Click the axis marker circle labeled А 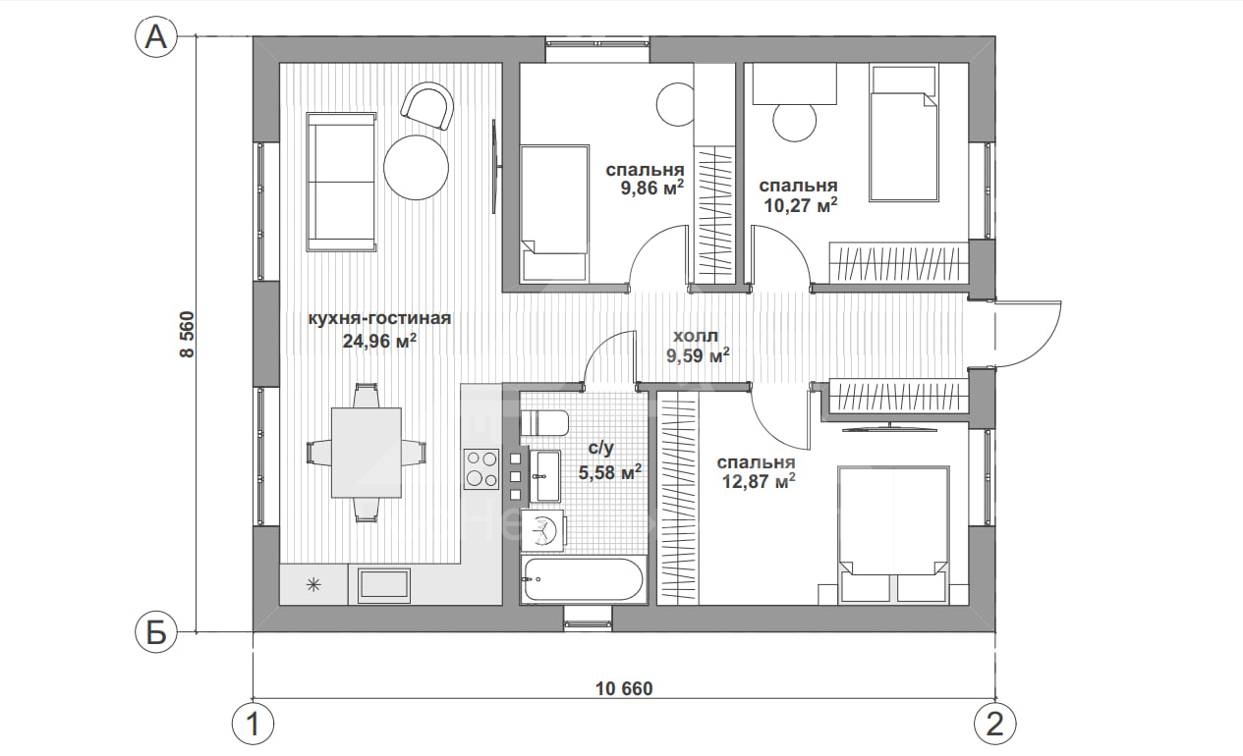pyautogui.click(x=156, y=37)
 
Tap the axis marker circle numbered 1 pyautogui.click(x=253, y=724)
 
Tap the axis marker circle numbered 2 pyautogui.click(x=995, y=724)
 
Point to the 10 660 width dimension pyautogui.click(x=624, y=688)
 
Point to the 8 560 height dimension pyautogui.click(x=187, y=334)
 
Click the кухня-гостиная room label pyautogui.click(x=379, y=318)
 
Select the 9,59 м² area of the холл pyautogui.click(x=698, y=355)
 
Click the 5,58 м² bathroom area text pyautogui.click(x=610, y=472)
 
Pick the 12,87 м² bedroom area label pyautogui.click(x=759, y=480)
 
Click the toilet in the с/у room pyautogui.click(x=543, y=423)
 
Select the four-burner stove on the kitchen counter pyautogui.click(x=481, y=468)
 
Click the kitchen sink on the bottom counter pyautogui.click(x=384, y=586)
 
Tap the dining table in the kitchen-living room pyautogui.click(x=367, y=453)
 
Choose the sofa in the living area pyautogui.click(x=341, y=182)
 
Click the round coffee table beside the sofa pyautogui.click(x=417, y=167)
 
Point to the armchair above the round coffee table pyautogui.click(x=427, y=106)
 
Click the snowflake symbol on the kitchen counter pyautogui.click(x=313, y=584)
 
